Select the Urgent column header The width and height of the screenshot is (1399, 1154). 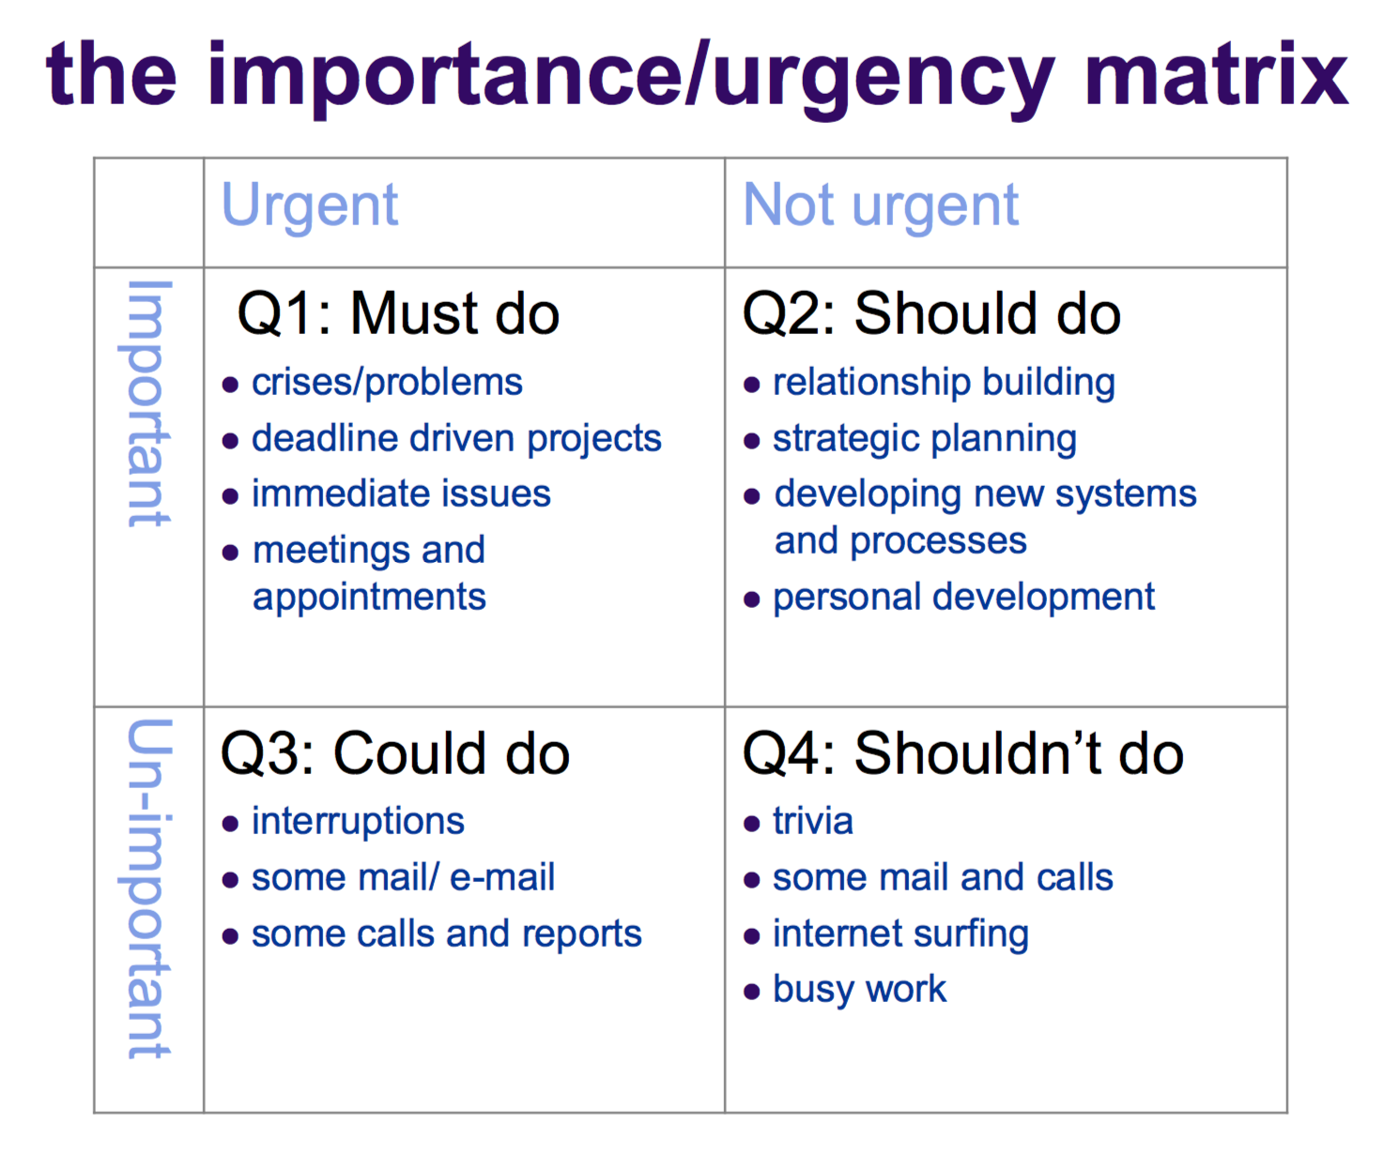pyautogui.click(x=310, y=206)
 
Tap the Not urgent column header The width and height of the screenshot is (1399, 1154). pyautogui.click(x=881, y=206)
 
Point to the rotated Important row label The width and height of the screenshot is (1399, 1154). pyautogui.click(x=146, y=403)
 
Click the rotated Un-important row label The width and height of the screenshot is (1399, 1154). pyautogui.click(x=146, y=888)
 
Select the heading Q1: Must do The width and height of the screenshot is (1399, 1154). pyautogui.click(x=398, y=313)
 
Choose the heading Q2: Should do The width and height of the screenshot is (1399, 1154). pyautogui.click(x=931, y=313)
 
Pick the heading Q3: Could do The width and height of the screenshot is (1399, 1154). pyautogui.click(x=395, y=753)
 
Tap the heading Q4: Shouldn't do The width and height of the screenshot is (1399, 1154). pyautogui.click(x=963, y=753)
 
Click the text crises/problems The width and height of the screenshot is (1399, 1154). pyautogui.click(x=387, y=383)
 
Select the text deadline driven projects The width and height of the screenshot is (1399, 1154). pyautogui.click(x=456, y=439)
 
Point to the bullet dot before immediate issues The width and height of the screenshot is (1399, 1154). pyautogui.click(x=230, y=496)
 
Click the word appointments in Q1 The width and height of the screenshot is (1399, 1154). pyautogui.click(x=369, y=597)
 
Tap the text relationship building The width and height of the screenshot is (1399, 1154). pyautogui.click(x=944, y=383)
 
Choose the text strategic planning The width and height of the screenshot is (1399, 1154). pyautogui.click(x=925, y=439)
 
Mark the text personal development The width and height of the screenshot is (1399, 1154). pyautogui.click(x=964, y=597)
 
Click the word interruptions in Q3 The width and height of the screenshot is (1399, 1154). pyautogui.click(x=358, y=822)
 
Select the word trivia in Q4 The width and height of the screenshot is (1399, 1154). pyautogui.click(x=813, y=821)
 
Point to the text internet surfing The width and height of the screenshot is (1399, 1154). pyautogui.click(x=900, y=934)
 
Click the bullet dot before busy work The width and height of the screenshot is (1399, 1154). pyautogui.click(x=752, y=991)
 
